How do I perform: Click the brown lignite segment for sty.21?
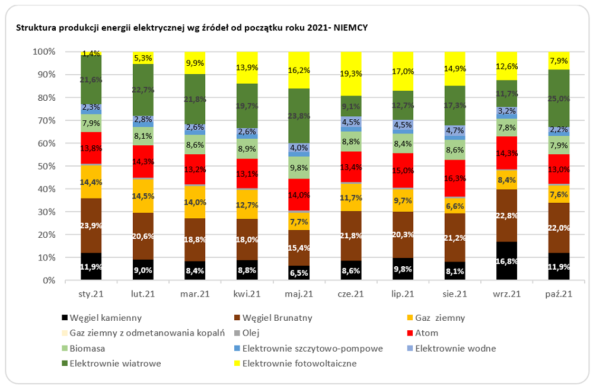(91, 225)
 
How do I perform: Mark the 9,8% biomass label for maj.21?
(299, 168)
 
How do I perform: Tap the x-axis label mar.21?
(195, 294)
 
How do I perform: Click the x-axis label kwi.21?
(247, 294)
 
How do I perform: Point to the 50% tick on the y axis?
(44, 166)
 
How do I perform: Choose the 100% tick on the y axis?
(43, 52)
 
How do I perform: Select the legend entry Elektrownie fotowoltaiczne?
(296, 363)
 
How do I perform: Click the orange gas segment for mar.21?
(195, 202)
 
